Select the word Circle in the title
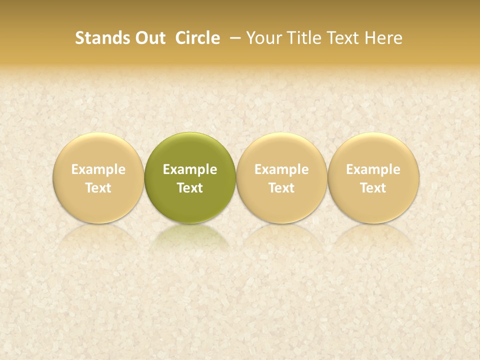197,38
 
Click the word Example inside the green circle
190,170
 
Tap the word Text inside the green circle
190,188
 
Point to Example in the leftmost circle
98,170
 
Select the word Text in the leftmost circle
98,188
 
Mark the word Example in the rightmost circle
373,170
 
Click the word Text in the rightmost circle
373,188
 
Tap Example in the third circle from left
281,170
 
